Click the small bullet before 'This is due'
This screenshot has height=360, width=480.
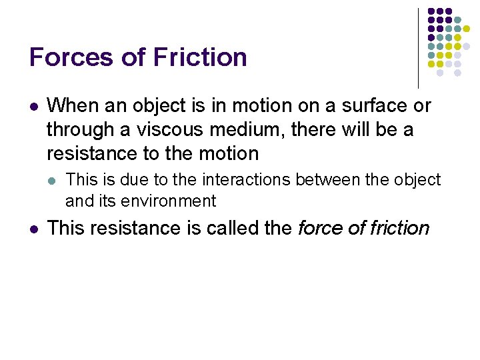coord(53,181)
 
